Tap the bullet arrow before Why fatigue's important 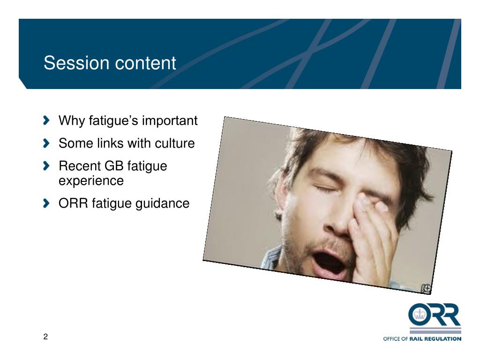pyautogui.click(x=46, y=121)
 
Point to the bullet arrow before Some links pyautogui.click(x=46, y=143)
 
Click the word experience pyautogui.click(x=91, y=181)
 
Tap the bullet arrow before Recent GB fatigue pyautogui.click(x=46, y=166)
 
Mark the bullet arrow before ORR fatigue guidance pyautogui.click(x=46, y=203)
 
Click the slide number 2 pyautogui.click(x=45, y=337)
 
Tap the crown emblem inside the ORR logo pyautogui.click(x=419, y=314)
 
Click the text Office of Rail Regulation pyautogui.click(x=422, y=338)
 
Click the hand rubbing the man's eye pyautogui.click(x=375, y=230)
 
